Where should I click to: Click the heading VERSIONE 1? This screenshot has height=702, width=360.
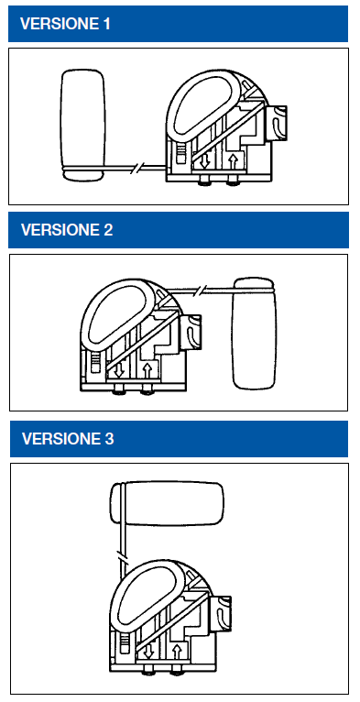tap(65, 24)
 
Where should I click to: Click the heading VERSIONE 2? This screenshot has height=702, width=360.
tap(67, 230)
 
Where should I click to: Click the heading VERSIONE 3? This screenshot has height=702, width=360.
tap(68, 438)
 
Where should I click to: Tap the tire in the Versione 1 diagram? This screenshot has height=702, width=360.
tap(83, 126)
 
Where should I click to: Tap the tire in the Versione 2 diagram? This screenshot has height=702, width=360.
tap(254, 333)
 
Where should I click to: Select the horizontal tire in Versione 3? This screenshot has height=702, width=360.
tap(167, 504)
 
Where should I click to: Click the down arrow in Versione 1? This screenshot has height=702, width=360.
tap(204, 161)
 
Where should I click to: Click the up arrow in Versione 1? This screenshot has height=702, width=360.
tap(233, 161)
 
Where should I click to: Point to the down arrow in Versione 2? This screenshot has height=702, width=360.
tap(119, 370)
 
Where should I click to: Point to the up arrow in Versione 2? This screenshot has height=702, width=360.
tap(147, 370)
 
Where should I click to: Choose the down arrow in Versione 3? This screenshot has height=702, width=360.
tap(148, 651)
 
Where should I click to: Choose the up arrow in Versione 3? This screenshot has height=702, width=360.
tap(177, 651)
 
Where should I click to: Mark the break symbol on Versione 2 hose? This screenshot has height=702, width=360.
tap(201, 291)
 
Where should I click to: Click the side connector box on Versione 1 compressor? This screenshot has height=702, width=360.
tap(277, 122)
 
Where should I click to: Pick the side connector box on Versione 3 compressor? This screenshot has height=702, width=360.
tap(221, 612)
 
